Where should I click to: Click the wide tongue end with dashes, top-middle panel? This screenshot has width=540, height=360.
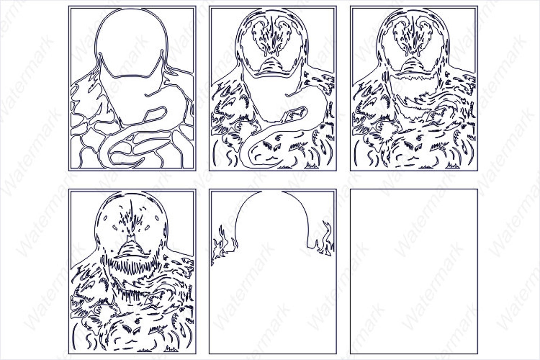[272, 150]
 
